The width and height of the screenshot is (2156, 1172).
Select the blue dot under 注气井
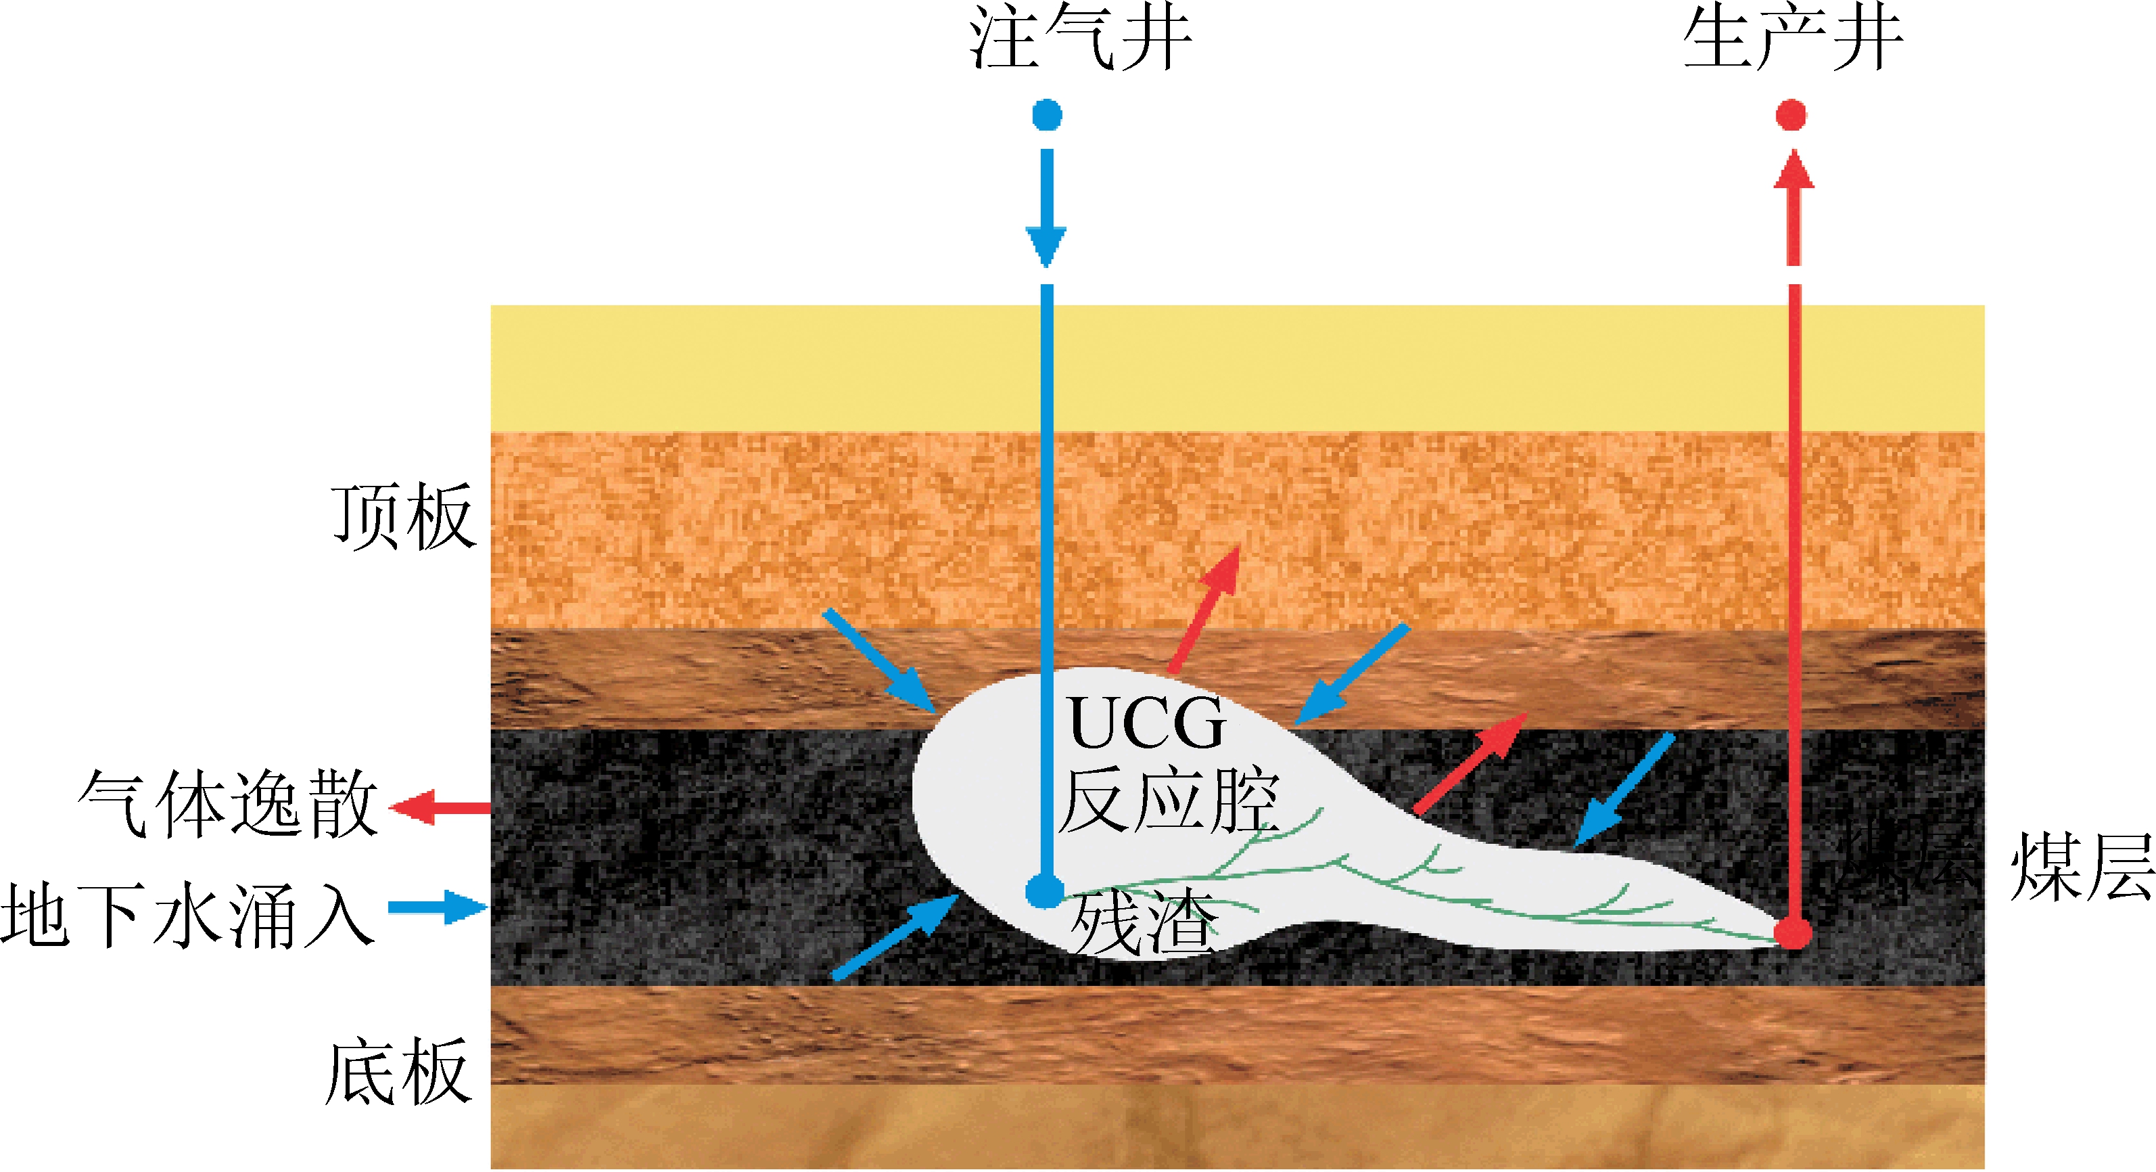1047,114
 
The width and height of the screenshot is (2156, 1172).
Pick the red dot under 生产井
1791,114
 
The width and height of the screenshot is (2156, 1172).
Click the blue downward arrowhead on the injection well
1046,245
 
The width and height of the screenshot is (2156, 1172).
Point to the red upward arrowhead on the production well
1794,170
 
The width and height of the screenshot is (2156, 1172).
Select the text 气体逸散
228,805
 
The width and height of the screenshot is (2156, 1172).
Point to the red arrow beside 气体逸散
440,808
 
